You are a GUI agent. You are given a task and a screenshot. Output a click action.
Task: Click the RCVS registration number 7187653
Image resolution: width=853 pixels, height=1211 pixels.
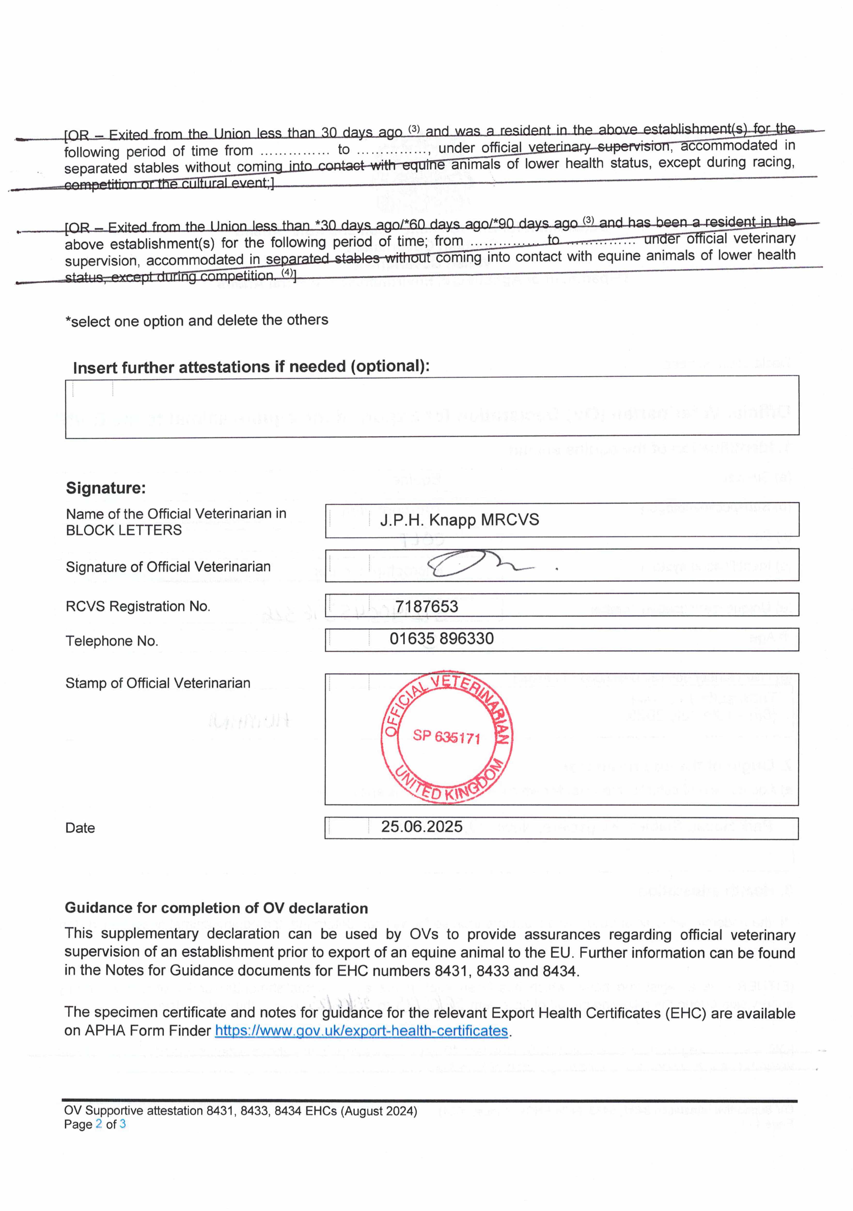426,606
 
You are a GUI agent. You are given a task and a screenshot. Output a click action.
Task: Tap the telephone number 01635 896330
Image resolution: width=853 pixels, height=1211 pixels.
442,639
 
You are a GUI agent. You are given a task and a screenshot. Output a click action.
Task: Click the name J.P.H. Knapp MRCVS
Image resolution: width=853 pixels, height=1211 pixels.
460,520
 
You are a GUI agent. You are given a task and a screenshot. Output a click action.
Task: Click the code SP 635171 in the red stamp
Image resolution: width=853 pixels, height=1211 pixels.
446,736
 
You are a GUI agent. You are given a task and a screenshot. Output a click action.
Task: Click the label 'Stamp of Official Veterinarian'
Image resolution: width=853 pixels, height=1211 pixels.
158,683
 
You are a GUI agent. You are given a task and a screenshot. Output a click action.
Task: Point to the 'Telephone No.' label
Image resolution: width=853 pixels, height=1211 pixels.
112,641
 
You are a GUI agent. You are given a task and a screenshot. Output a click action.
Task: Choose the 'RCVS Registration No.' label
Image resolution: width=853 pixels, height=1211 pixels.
138,606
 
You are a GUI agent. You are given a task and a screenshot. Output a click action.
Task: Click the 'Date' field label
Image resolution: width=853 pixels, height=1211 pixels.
80,828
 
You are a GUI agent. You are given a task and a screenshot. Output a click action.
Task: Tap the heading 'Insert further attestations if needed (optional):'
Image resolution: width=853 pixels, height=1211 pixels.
251,367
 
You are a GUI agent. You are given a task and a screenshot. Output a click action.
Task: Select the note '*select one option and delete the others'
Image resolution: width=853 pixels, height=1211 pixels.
196,321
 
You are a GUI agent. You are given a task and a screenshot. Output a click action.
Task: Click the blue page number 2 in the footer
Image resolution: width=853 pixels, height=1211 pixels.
99,1124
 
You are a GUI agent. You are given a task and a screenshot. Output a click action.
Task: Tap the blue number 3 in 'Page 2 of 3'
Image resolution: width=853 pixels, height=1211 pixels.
122,1124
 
